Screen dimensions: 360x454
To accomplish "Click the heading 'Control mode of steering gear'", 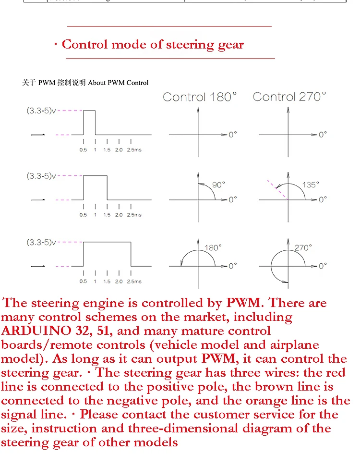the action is pyautogui.click(x=153, y=45).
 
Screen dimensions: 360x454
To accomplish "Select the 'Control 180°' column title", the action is pyautogui.click(x=200, y=97).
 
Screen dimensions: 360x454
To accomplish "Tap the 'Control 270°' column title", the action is pyautogui.click(x=289, y=97).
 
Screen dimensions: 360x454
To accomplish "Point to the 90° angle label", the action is pyautogui.click(x=218, y=185).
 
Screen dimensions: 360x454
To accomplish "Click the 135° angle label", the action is pyautogui.click(x=310, y=185).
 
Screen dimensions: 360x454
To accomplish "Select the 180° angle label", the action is pyautogui.click(x=213, y=248).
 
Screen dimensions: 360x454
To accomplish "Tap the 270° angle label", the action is pyautogui.click(x=303, y=248).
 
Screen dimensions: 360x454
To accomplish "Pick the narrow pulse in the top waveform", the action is pyautogui.click(x=89, y=122).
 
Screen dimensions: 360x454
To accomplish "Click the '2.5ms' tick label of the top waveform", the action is pyautogui.click(x=134, y=150).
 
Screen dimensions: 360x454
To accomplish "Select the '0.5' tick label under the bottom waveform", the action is pyautogui.click(x=84, y=281).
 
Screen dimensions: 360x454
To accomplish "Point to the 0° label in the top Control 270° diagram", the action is pyautogui.click(x=323, y=135).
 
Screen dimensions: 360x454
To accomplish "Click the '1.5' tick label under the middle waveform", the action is pyautogui.click(x=107, y=215).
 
